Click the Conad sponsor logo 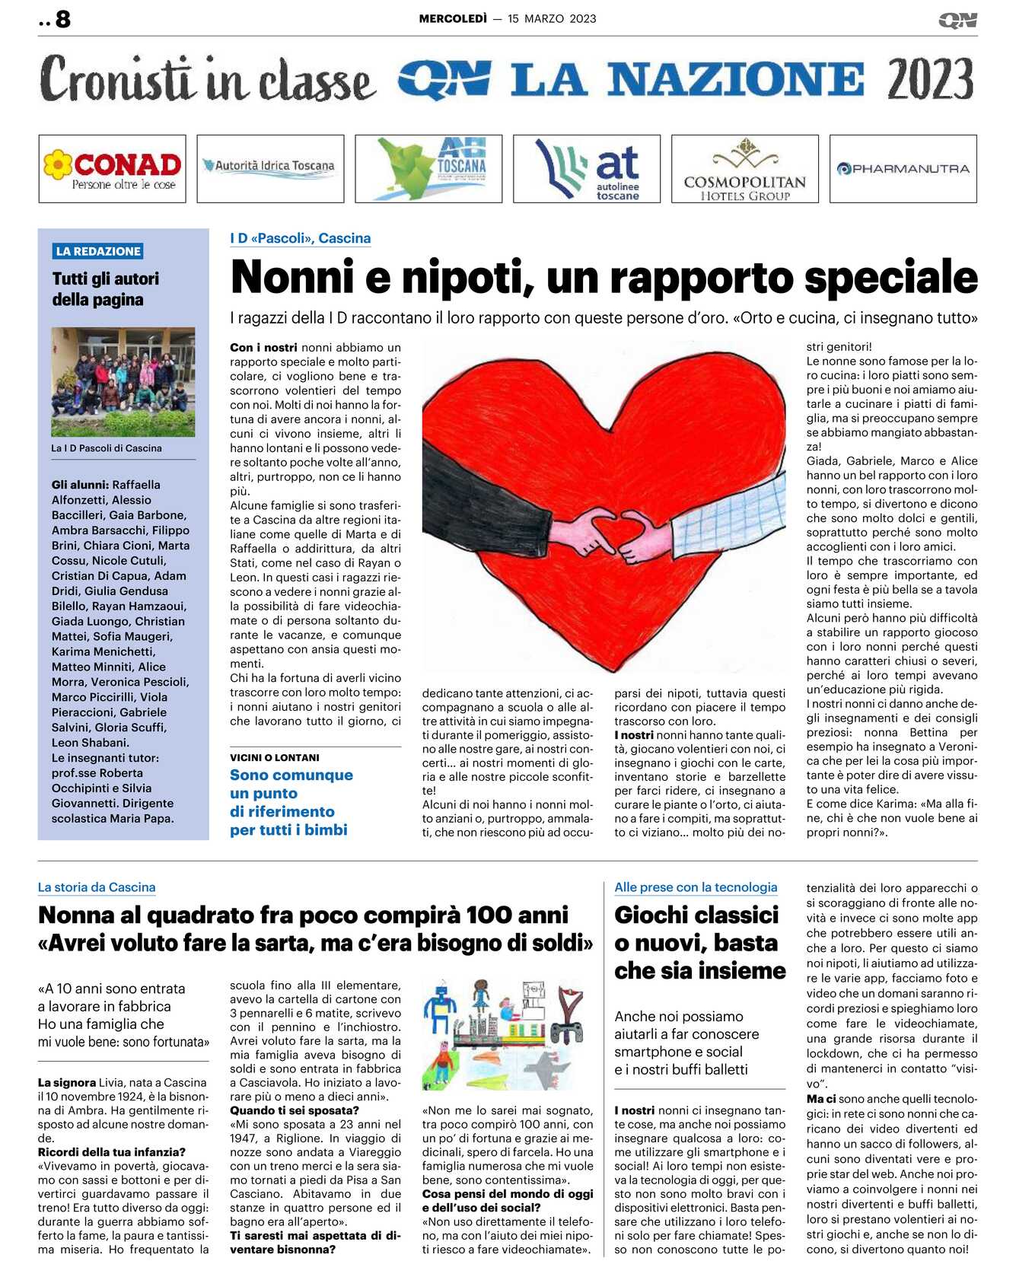(x=112, y=168)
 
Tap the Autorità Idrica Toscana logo (x=270, y=168)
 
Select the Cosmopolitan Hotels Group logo (x=744, y=168)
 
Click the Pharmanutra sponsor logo (x=903, y=168)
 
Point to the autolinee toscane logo (x=587, y=168)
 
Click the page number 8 (x=63, y=19)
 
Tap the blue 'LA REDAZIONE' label (x=98, y=251)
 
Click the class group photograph (x=123, y=381)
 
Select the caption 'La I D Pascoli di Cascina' (x=107, y=448)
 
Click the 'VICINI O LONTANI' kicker (x=275, y=758)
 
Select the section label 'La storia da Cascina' (x=97, y=887)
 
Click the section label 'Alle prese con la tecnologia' (x=696, y=887)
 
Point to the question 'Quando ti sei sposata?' (x=295, y=1110)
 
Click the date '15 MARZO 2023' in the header (x=552, y=19)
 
